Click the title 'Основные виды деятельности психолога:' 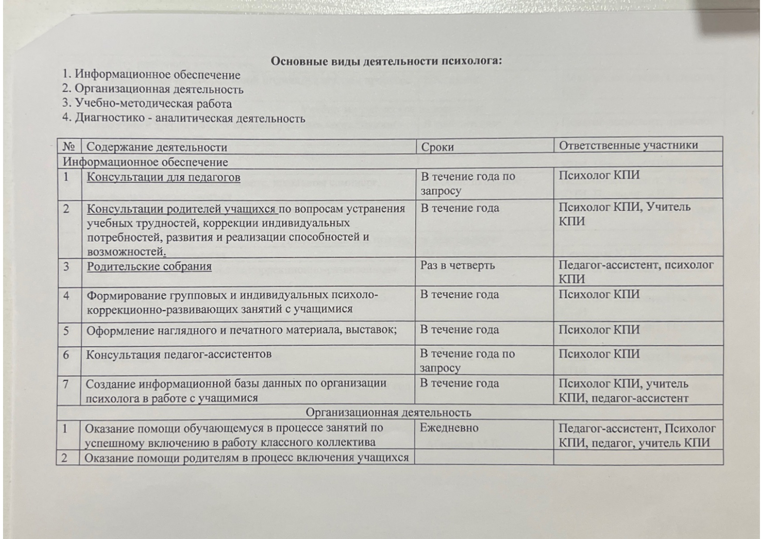coord(386,61)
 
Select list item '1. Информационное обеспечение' coord(151,75)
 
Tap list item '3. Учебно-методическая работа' coord(147,104)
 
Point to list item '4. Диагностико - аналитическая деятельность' coord(183,118)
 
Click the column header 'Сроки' coord(437,147)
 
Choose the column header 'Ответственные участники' coord(628,146)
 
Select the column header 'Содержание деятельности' coord(157,147)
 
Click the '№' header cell coord(69,147)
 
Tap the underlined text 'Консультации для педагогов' coord(163,177)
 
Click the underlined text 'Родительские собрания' coord(149,266)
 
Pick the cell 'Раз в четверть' coord(457,265)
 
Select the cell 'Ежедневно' coord(449,428)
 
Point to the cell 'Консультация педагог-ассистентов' coord(179,354)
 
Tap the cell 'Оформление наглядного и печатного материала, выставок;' coord(241,330)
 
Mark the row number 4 coord(66,296)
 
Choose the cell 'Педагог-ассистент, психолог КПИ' coord(636,271)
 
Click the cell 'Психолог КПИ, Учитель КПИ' coord(624,213)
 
